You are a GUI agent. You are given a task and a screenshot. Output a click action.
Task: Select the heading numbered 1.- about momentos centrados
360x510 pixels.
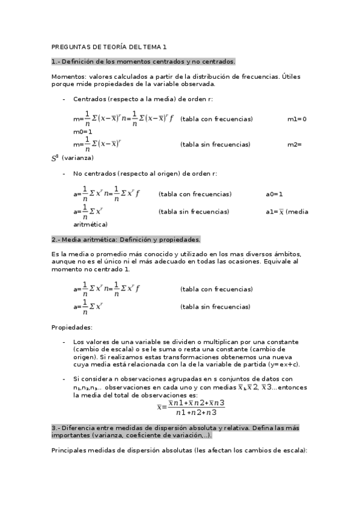coord(143,61)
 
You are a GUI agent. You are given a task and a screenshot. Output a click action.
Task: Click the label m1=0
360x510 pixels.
coord(297,119)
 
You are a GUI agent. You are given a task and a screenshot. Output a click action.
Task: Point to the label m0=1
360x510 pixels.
coord(83,132)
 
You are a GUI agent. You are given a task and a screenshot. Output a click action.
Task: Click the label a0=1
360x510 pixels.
coord(274,194)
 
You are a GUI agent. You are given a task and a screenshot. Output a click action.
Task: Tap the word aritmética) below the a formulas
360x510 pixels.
coord(90,224)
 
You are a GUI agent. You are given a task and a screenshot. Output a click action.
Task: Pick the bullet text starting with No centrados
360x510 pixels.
coord(145,173)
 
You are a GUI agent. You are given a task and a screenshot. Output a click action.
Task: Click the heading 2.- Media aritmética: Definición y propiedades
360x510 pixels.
coord(126,239)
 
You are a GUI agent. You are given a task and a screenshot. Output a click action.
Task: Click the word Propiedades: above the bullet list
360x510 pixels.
coord(72,327)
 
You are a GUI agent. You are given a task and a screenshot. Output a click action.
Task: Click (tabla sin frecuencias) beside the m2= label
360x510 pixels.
coord(215,144)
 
